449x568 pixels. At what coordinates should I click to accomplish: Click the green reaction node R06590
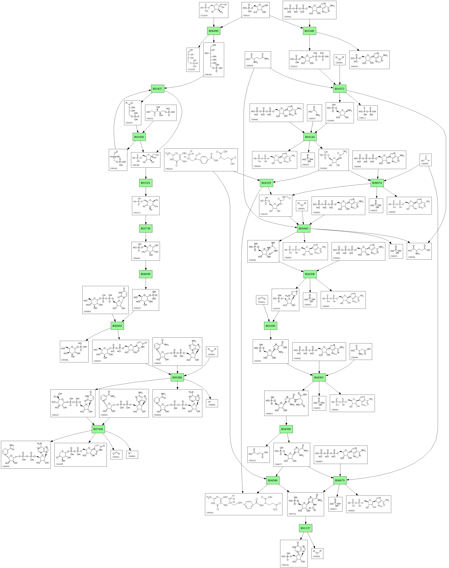213,31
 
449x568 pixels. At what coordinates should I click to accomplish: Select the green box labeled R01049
309,31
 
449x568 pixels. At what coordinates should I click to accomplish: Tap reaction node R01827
157,89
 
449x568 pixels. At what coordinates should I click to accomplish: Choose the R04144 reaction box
310,137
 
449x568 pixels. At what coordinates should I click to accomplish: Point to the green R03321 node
146,183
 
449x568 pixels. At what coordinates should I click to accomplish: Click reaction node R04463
303,228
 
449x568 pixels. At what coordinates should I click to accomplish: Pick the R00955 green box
117,326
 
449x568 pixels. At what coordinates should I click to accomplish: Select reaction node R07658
98,429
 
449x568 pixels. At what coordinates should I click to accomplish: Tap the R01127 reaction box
305,528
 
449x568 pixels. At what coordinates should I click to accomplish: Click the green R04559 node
286,429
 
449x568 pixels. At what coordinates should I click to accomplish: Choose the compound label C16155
59,464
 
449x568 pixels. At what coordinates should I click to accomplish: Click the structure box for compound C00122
258,454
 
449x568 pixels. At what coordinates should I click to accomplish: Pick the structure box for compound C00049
361,351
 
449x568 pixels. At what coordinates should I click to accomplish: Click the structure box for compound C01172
146,206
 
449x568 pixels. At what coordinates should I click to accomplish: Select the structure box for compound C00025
419,251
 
